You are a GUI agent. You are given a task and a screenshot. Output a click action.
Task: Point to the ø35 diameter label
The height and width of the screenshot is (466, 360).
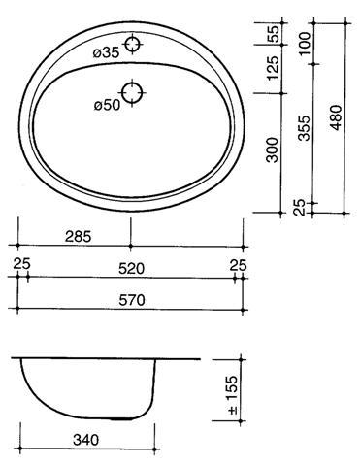106,52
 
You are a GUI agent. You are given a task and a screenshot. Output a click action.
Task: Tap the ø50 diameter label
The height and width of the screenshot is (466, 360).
107,105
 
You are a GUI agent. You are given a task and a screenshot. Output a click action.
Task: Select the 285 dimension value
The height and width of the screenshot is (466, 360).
79,237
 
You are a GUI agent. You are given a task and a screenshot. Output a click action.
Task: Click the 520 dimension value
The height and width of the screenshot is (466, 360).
131,269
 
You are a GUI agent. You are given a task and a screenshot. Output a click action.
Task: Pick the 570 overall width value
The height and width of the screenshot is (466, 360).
132,300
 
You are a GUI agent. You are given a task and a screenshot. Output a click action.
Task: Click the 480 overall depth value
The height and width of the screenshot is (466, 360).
336,117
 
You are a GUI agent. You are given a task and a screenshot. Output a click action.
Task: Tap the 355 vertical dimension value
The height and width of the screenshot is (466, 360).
304,128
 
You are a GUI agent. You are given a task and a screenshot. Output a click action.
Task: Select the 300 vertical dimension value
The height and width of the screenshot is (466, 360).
272,150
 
